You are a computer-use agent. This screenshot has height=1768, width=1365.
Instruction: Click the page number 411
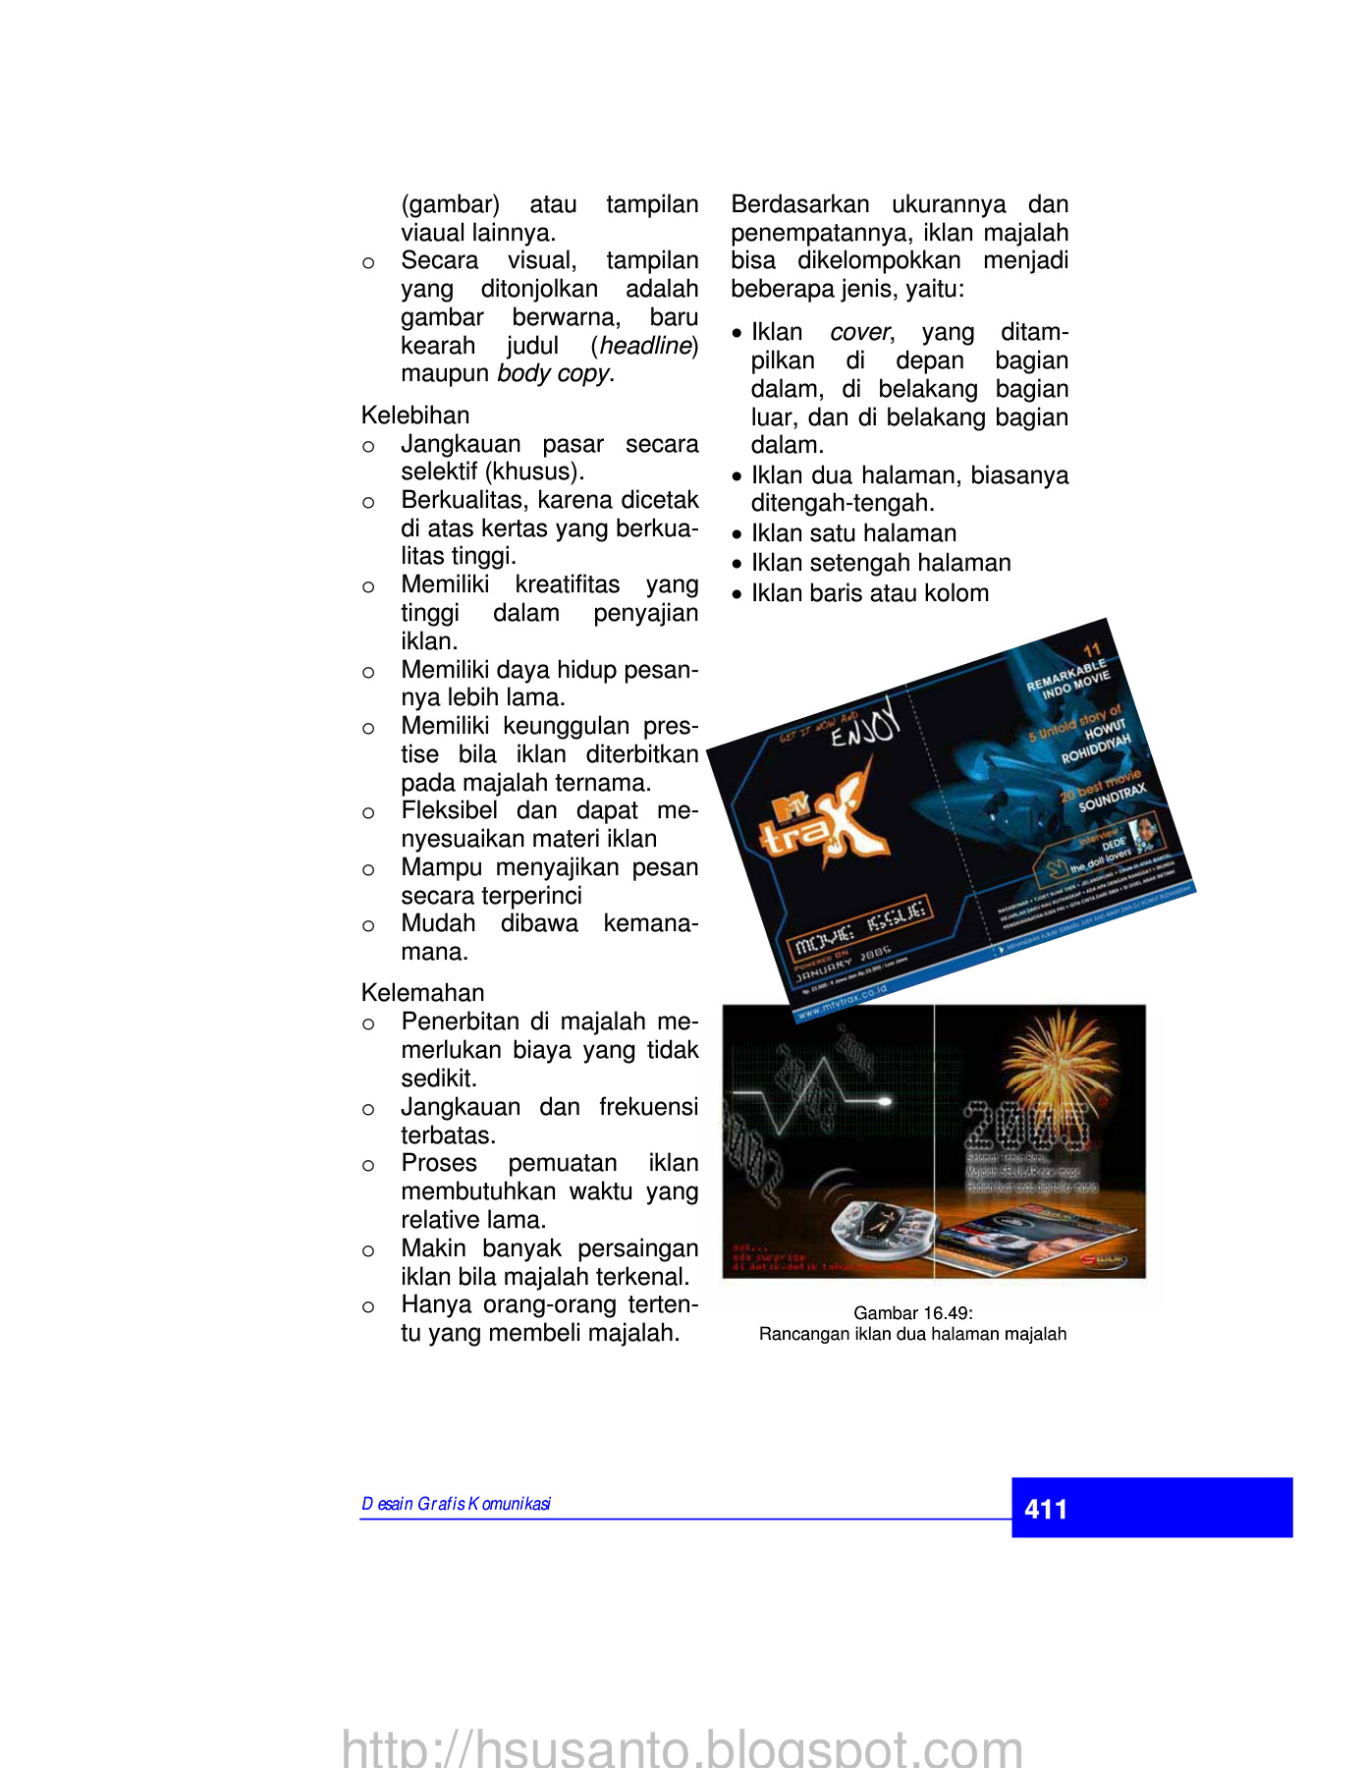pyautogui.click(x=1045, y=1509)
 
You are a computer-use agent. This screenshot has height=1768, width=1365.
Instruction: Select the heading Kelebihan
pyautogui.click(x=415, y=414)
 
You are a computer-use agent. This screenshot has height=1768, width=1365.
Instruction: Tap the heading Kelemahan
pyautogui.click(x=422, y=992)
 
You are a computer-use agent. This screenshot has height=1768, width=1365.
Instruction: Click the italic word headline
pyautogui.click(x=645, y=346)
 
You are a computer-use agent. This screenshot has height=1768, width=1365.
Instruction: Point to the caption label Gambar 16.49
pyautogui.click(x=912, y=1313)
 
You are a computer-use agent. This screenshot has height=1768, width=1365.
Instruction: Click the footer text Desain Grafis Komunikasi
pyautogui.click(x=456, y=1504)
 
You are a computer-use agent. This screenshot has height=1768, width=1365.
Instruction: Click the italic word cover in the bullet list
pyautogui.click(x=859, y=332)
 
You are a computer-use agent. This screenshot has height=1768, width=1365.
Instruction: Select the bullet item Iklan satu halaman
pyautogui.click(x=853, y=533)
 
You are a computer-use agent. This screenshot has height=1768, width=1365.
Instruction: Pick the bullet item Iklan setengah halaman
pyautogui.click(x=881, y=563)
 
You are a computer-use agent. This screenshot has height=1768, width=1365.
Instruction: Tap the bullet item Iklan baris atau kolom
pyautogui.click(x=870, y=593)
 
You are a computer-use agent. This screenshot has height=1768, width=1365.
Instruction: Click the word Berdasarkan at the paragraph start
pyautogui.click(x=799, y=204)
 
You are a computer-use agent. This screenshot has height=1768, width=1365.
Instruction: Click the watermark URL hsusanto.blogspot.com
pyautogui.click(x=682, y=1748)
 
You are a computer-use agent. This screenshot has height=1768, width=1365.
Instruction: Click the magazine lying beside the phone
pyautogui.click(x=1021, y=1243)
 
